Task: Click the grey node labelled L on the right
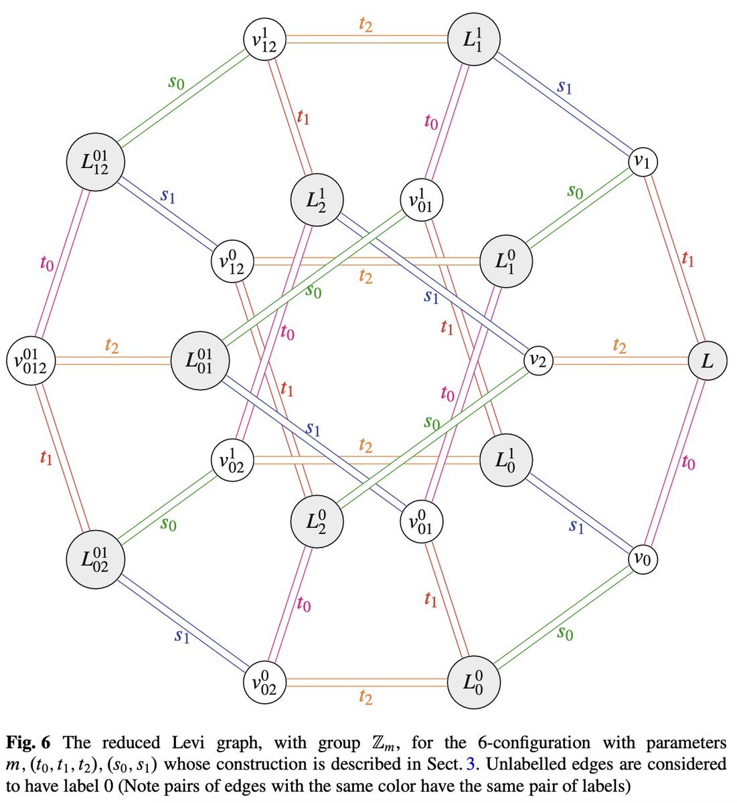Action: [708, 361]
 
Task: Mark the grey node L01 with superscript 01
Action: [200, 361]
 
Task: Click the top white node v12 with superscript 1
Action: [264, 41]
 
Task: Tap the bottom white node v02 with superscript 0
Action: [264, 683]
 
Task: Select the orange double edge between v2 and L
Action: [619, 361]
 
